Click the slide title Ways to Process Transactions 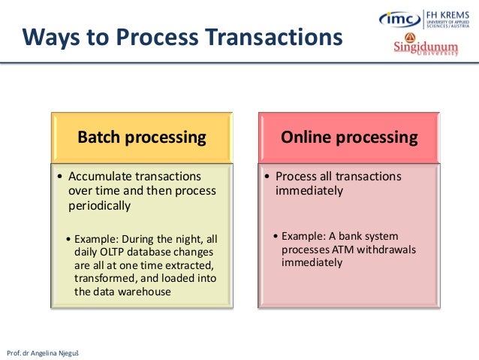pos(181,37)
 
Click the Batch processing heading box pos(142,138)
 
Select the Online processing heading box pos(349,138)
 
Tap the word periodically pos(99,205)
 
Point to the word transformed pos(104,279)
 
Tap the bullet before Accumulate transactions pos(59,177)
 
